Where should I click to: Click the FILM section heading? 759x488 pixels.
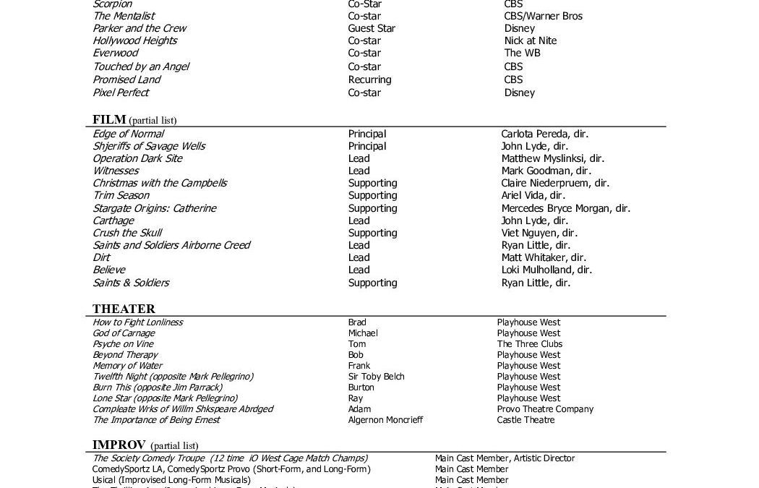(109, 119)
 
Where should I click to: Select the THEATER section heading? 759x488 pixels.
(124, 309)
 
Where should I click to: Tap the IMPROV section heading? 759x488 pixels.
(119, 444)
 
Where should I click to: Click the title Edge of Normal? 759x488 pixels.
(128, 134)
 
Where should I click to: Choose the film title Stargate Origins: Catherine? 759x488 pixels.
(154, 208)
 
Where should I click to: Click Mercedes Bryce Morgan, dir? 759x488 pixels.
(565, 208)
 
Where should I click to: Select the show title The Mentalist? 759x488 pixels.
(124, 16)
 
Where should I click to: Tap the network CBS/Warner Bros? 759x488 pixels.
(543, 16)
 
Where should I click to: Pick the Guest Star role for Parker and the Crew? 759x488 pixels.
(371, 28)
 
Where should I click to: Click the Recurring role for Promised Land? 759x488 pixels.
(369, 80)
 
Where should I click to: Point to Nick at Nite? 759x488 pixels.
(530, 40)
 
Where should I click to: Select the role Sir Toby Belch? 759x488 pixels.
(376, 377)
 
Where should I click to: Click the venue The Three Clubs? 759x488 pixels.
(529, 344)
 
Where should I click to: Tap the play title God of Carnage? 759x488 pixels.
(124, 333)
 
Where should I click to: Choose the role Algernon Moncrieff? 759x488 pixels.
(385, 420)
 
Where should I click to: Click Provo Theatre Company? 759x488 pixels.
(545, 409)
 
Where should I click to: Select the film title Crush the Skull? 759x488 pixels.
(127, 233)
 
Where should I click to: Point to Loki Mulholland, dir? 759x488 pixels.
(546, 270)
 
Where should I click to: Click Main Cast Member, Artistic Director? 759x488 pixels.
(505, 458)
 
